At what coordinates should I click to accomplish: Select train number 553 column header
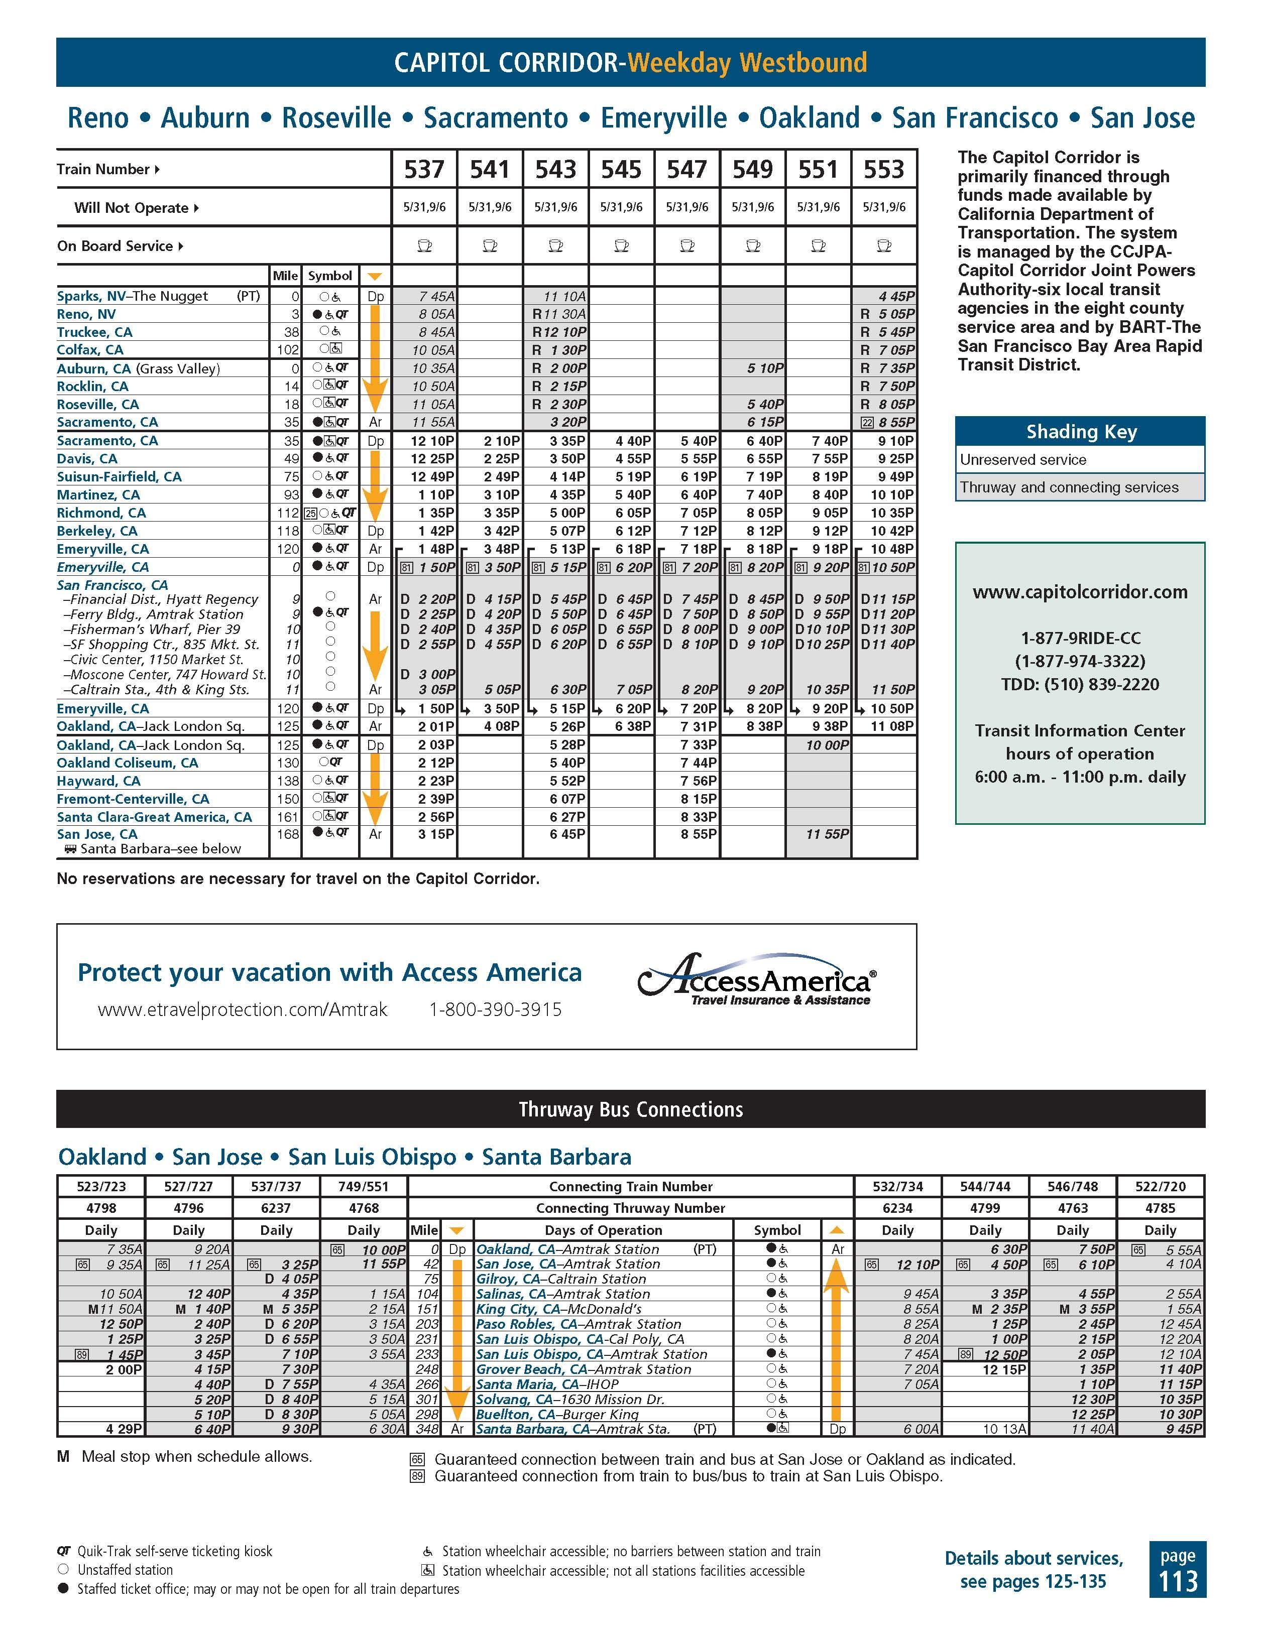884,170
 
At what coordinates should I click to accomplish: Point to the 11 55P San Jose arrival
827,834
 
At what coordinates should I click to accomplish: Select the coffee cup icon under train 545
621,246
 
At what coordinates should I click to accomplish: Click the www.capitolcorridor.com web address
1080,592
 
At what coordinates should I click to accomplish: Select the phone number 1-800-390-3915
495,1010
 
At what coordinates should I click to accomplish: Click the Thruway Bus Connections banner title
630,1110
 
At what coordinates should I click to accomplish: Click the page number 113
1177,1582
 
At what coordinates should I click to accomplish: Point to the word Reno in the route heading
97,118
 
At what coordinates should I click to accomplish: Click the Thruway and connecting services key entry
1069,487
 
